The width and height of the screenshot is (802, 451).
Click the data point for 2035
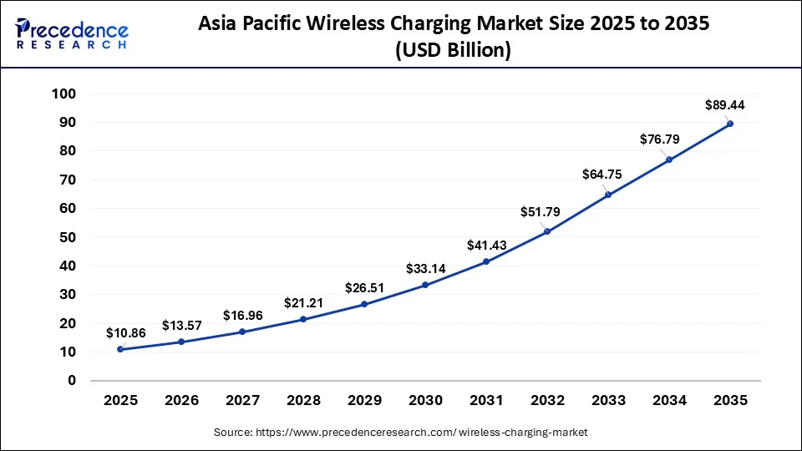730,124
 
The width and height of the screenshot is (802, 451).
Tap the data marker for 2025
120,349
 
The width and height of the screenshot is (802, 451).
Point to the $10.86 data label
126,332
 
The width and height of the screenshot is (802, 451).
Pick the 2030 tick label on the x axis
425,401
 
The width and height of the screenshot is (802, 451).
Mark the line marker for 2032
547,231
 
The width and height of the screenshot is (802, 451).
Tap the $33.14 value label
426,268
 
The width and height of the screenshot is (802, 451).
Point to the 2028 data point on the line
303,319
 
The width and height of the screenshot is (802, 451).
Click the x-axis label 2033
608,401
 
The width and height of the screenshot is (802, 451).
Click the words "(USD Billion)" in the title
454,50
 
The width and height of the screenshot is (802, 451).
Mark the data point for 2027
242,332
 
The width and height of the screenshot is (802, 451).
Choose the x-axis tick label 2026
181,401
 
